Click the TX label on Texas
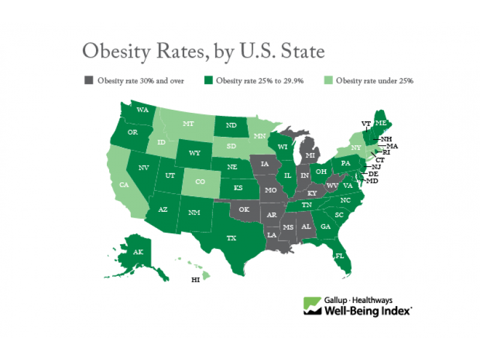(x=231, y=238)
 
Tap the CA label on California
(x=124, y=185)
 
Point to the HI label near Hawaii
(x=195, y=280)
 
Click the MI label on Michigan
(x=310, y=155)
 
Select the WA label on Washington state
(x=143, y=110)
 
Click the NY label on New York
(x=355, y=147)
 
